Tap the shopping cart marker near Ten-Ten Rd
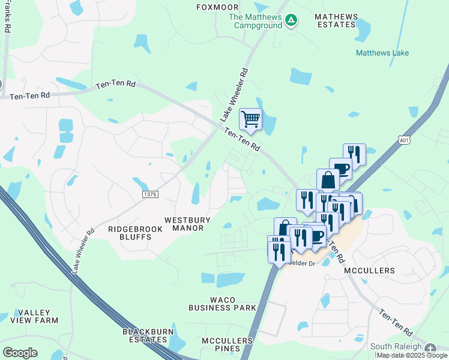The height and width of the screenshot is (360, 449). (x=250, y=118)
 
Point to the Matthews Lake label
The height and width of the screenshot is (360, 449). (x=382, y=53)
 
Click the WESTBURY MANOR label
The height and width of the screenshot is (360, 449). (x=188, y=224)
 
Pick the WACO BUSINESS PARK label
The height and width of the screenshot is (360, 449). (x=221, y=304)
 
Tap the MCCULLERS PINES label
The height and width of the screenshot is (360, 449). (x=227, y=344)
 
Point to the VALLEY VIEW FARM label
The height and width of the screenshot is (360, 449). (x=38, y=317)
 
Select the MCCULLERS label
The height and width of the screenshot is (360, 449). (x=370, y=271)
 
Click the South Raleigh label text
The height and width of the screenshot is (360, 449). (x=396, y=346)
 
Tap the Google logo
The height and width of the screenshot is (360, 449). (x=20, y=352)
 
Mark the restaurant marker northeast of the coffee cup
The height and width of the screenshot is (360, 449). (x=354, y=154)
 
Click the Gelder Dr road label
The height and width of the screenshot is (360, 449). (x=302, y=263)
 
